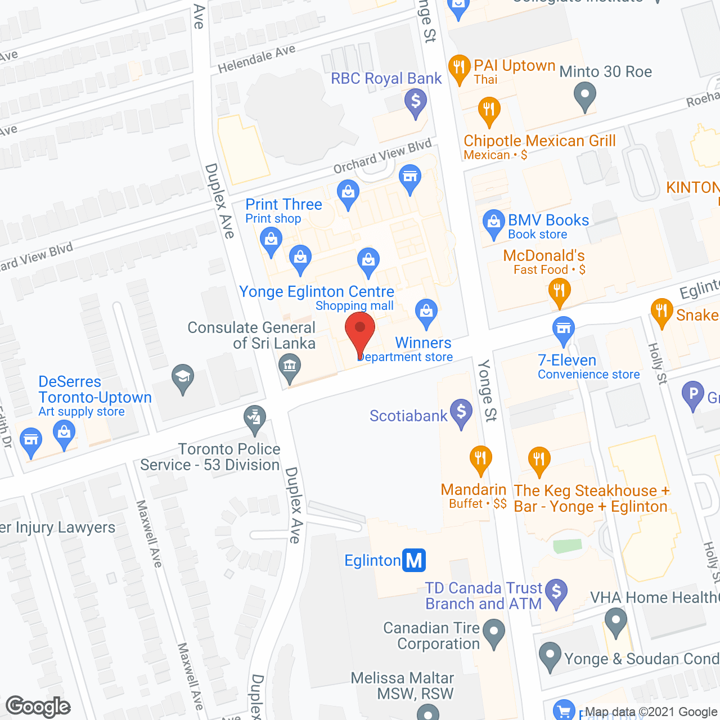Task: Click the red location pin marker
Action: click(360, 332)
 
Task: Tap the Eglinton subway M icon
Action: click(414, 560)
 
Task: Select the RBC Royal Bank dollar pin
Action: click(416, 103)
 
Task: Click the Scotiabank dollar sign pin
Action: click(461, 413)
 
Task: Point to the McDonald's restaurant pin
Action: click(559, 291)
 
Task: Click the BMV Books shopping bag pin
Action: click(494, 223)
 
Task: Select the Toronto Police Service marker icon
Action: click(255, 419)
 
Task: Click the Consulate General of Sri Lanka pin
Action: click(290, 368)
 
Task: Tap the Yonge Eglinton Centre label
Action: click(317, 291)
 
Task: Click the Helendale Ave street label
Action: click(256, 59)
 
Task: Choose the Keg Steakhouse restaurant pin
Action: click(539, 461)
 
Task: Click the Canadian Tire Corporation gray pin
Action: click(494, 632)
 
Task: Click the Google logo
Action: click(38, 706)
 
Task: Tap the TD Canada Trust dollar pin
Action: click(556, 592)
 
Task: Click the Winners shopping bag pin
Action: click(426, 312)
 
